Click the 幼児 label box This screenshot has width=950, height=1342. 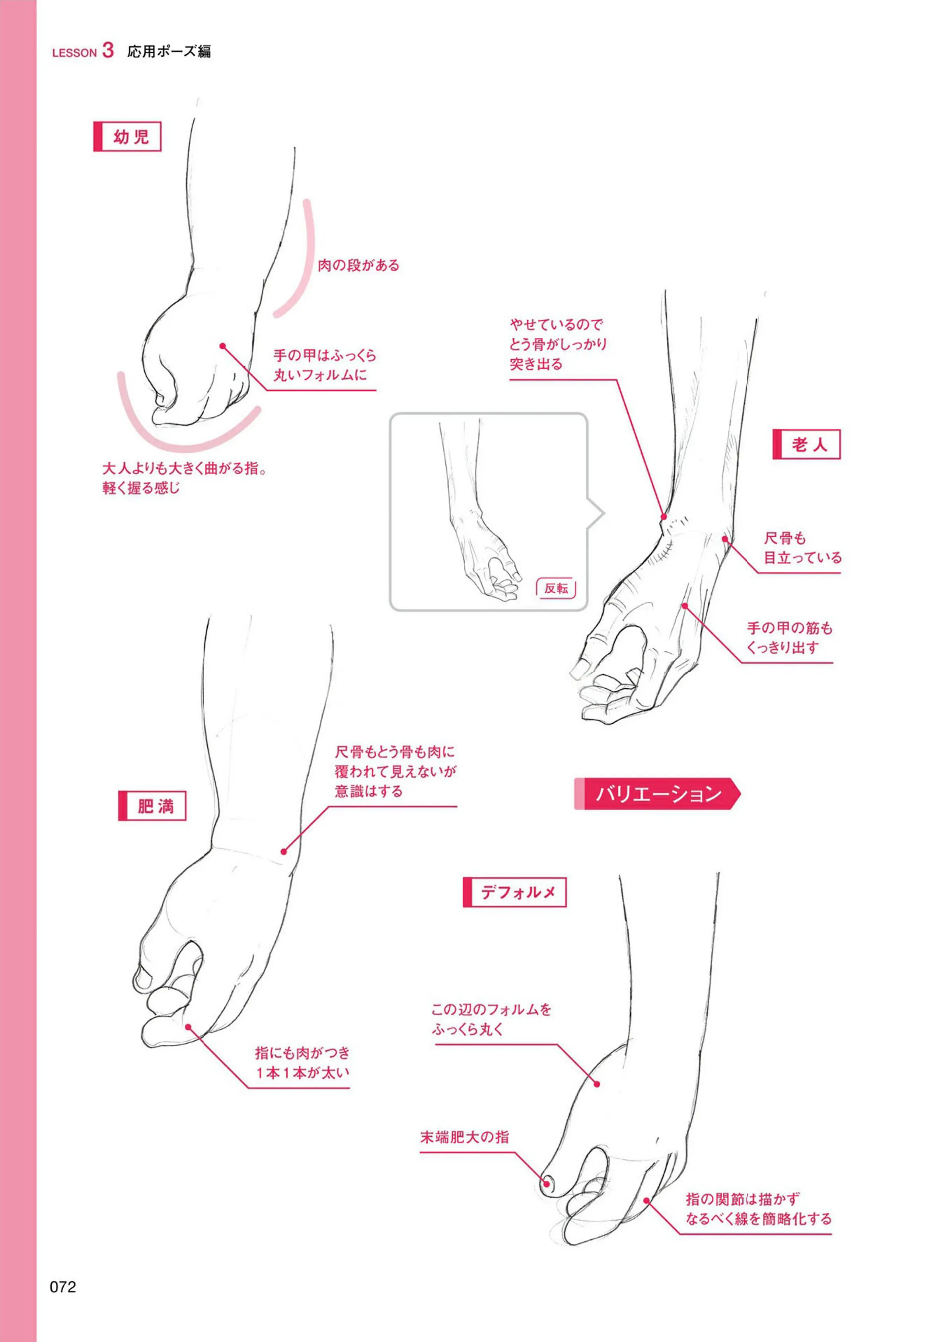[128, 137]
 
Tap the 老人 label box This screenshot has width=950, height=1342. [807, 444]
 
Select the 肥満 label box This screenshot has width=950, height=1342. [152, 806]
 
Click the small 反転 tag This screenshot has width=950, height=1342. [556, 588]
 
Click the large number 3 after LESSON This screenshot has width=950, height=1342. [108, 50]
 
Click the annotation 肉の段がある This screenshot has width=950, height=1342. [358, 266]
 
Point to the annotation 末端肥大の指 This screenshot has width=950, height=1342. [465, 1137]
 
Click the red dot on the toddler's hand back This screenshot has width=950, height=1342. [223, 346]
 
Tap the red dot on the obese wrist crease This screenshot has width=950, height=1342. [284, 852]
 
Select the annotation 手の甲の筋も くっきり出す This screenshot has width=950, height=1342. [789, 638]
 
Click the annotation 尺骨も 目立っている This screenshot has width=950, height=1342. [802, 548]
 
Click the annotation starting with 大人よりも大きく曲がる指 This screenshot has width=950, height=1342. [185, 478]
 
